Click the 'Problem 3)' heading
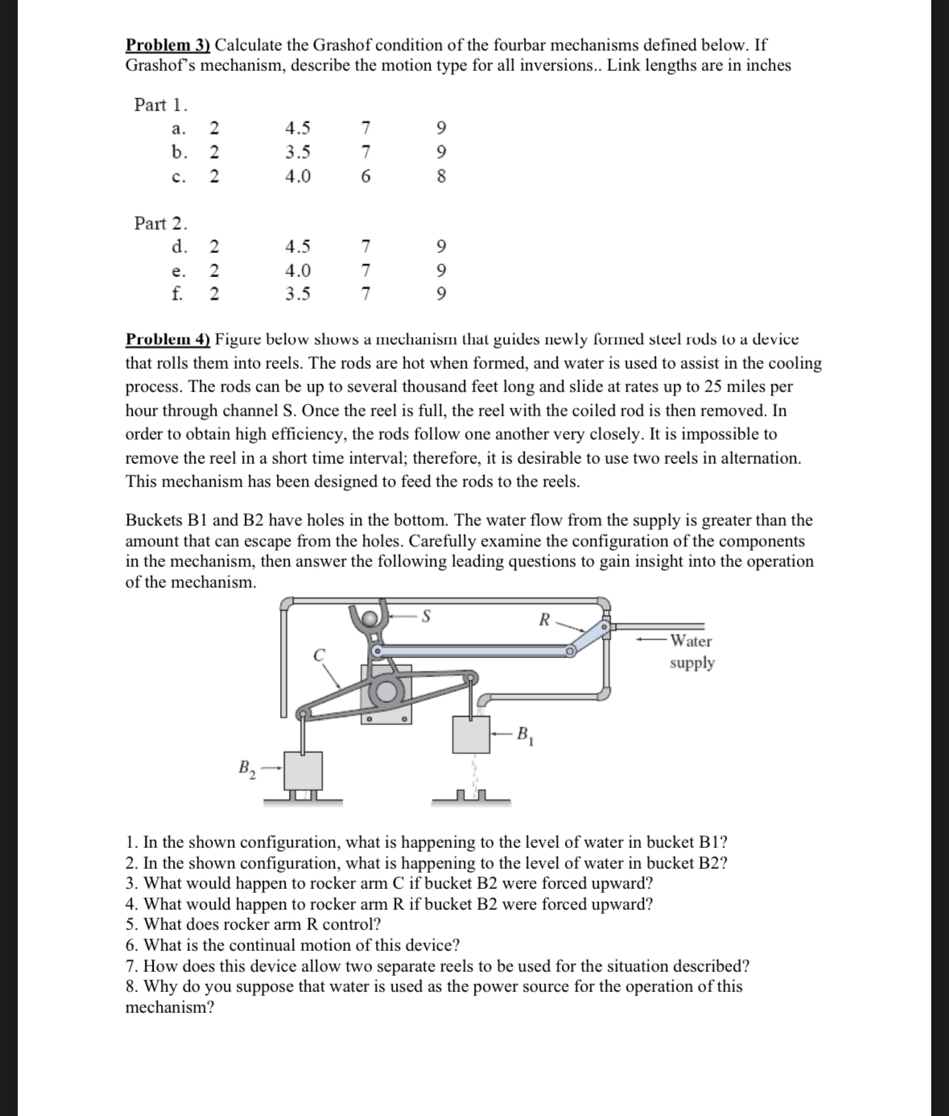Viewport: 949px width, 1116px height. (x=168, y=45)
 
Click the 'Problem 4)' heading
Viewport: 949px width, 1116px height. (x=168, y=340)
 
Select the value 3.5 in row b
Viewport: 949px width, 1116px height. (x=298, y=152)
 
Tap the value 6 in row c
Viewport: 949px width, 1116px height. (x=365, y=176)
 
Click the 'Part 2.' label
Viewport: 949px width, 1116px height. (x=161, y=223)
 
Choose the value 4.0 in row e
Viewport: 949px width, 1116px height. (x=298, y=271)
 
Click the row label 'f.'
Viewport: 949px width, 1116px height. (x=177, y=293)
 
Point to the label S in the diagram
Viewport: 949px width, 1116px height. (x=427, y=618)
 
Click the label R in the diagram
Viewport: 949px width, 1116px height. (x=544, y=620)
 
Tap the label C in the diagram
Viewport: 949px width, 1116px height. (x=320, y=655)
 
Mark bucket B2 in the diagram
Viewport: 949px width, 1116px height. (x=302, y=771)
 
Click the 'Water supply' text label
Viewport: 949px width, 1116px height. (x=691, y=651)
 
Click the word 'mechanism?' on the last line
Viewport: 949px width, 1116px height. (x=170, y=1007)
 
